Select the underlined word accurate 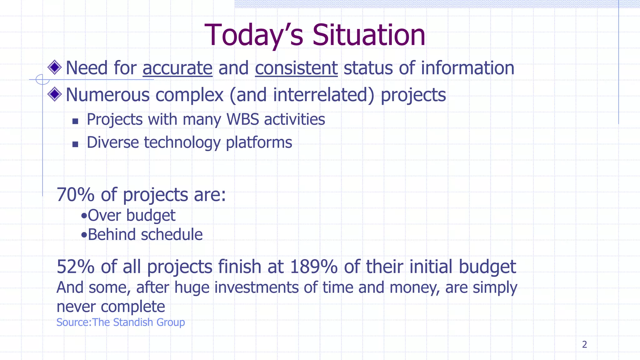(x=177, y=68)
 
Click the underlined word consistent (x=296, y=68)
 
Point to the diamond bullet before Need (x=55, y=67)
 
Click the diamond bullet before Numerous (x=55, y=94)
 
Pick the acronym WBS (x=242, y=119)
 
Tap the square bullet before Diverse (x=75, y=144)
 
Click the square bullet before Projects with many (x=75, y=121)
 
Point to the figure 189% (x=313, y=267)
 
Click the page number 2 (x=584, y=344)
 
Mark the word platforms (x=259, y=143)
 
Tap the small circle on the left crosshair (x=42, y=79)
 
